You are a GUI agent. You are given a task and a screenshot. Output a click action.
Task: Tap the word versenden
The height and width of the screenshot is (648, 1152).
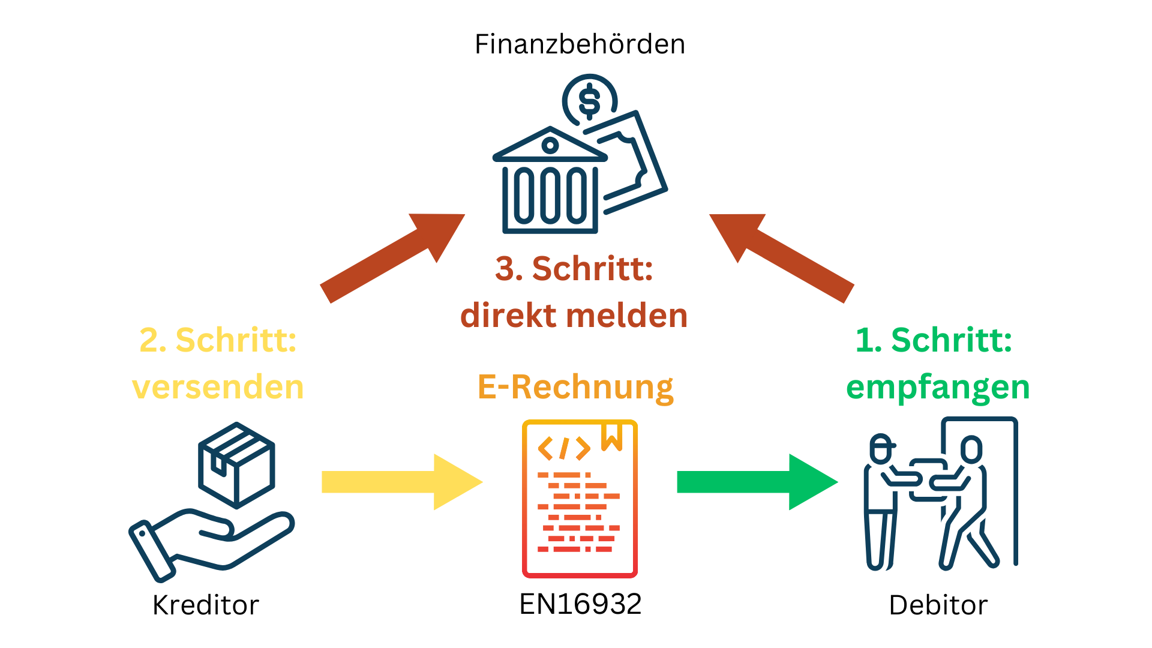click(x=218, y=387)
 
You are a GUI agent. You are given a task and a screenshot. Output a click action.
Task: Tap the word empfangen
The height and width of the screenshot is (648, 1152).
click(x=937, y=387)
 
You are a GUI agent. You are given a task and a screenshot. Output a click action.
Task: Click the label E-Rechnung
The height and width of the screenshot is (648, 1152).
click(x=575, y=387)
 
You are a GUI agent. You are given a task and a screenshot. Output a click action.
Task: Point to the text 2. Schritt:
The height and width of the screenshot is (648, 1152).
click(x=218, y=340)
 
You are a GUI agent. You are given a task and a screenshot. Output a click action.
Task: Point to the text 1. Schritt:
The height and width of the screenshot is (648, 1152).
click(x=934, y=340)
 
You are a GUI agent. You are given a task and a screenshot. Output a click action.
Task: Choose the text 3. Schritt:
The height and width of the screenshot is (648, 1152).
click(x=574, y=268)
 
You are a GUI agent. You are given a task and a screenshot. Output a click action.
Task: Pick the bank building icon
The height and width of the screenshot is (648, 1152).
click(x=550, y=183)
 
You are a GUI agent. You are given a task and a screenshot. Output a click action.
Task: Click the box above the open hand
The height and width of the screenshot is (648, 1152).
click(x=236, y=464)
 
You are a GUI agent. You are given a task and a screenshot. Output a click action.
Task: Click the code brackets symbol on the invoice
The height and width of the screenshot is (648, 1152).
click(x=563, y=448)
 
